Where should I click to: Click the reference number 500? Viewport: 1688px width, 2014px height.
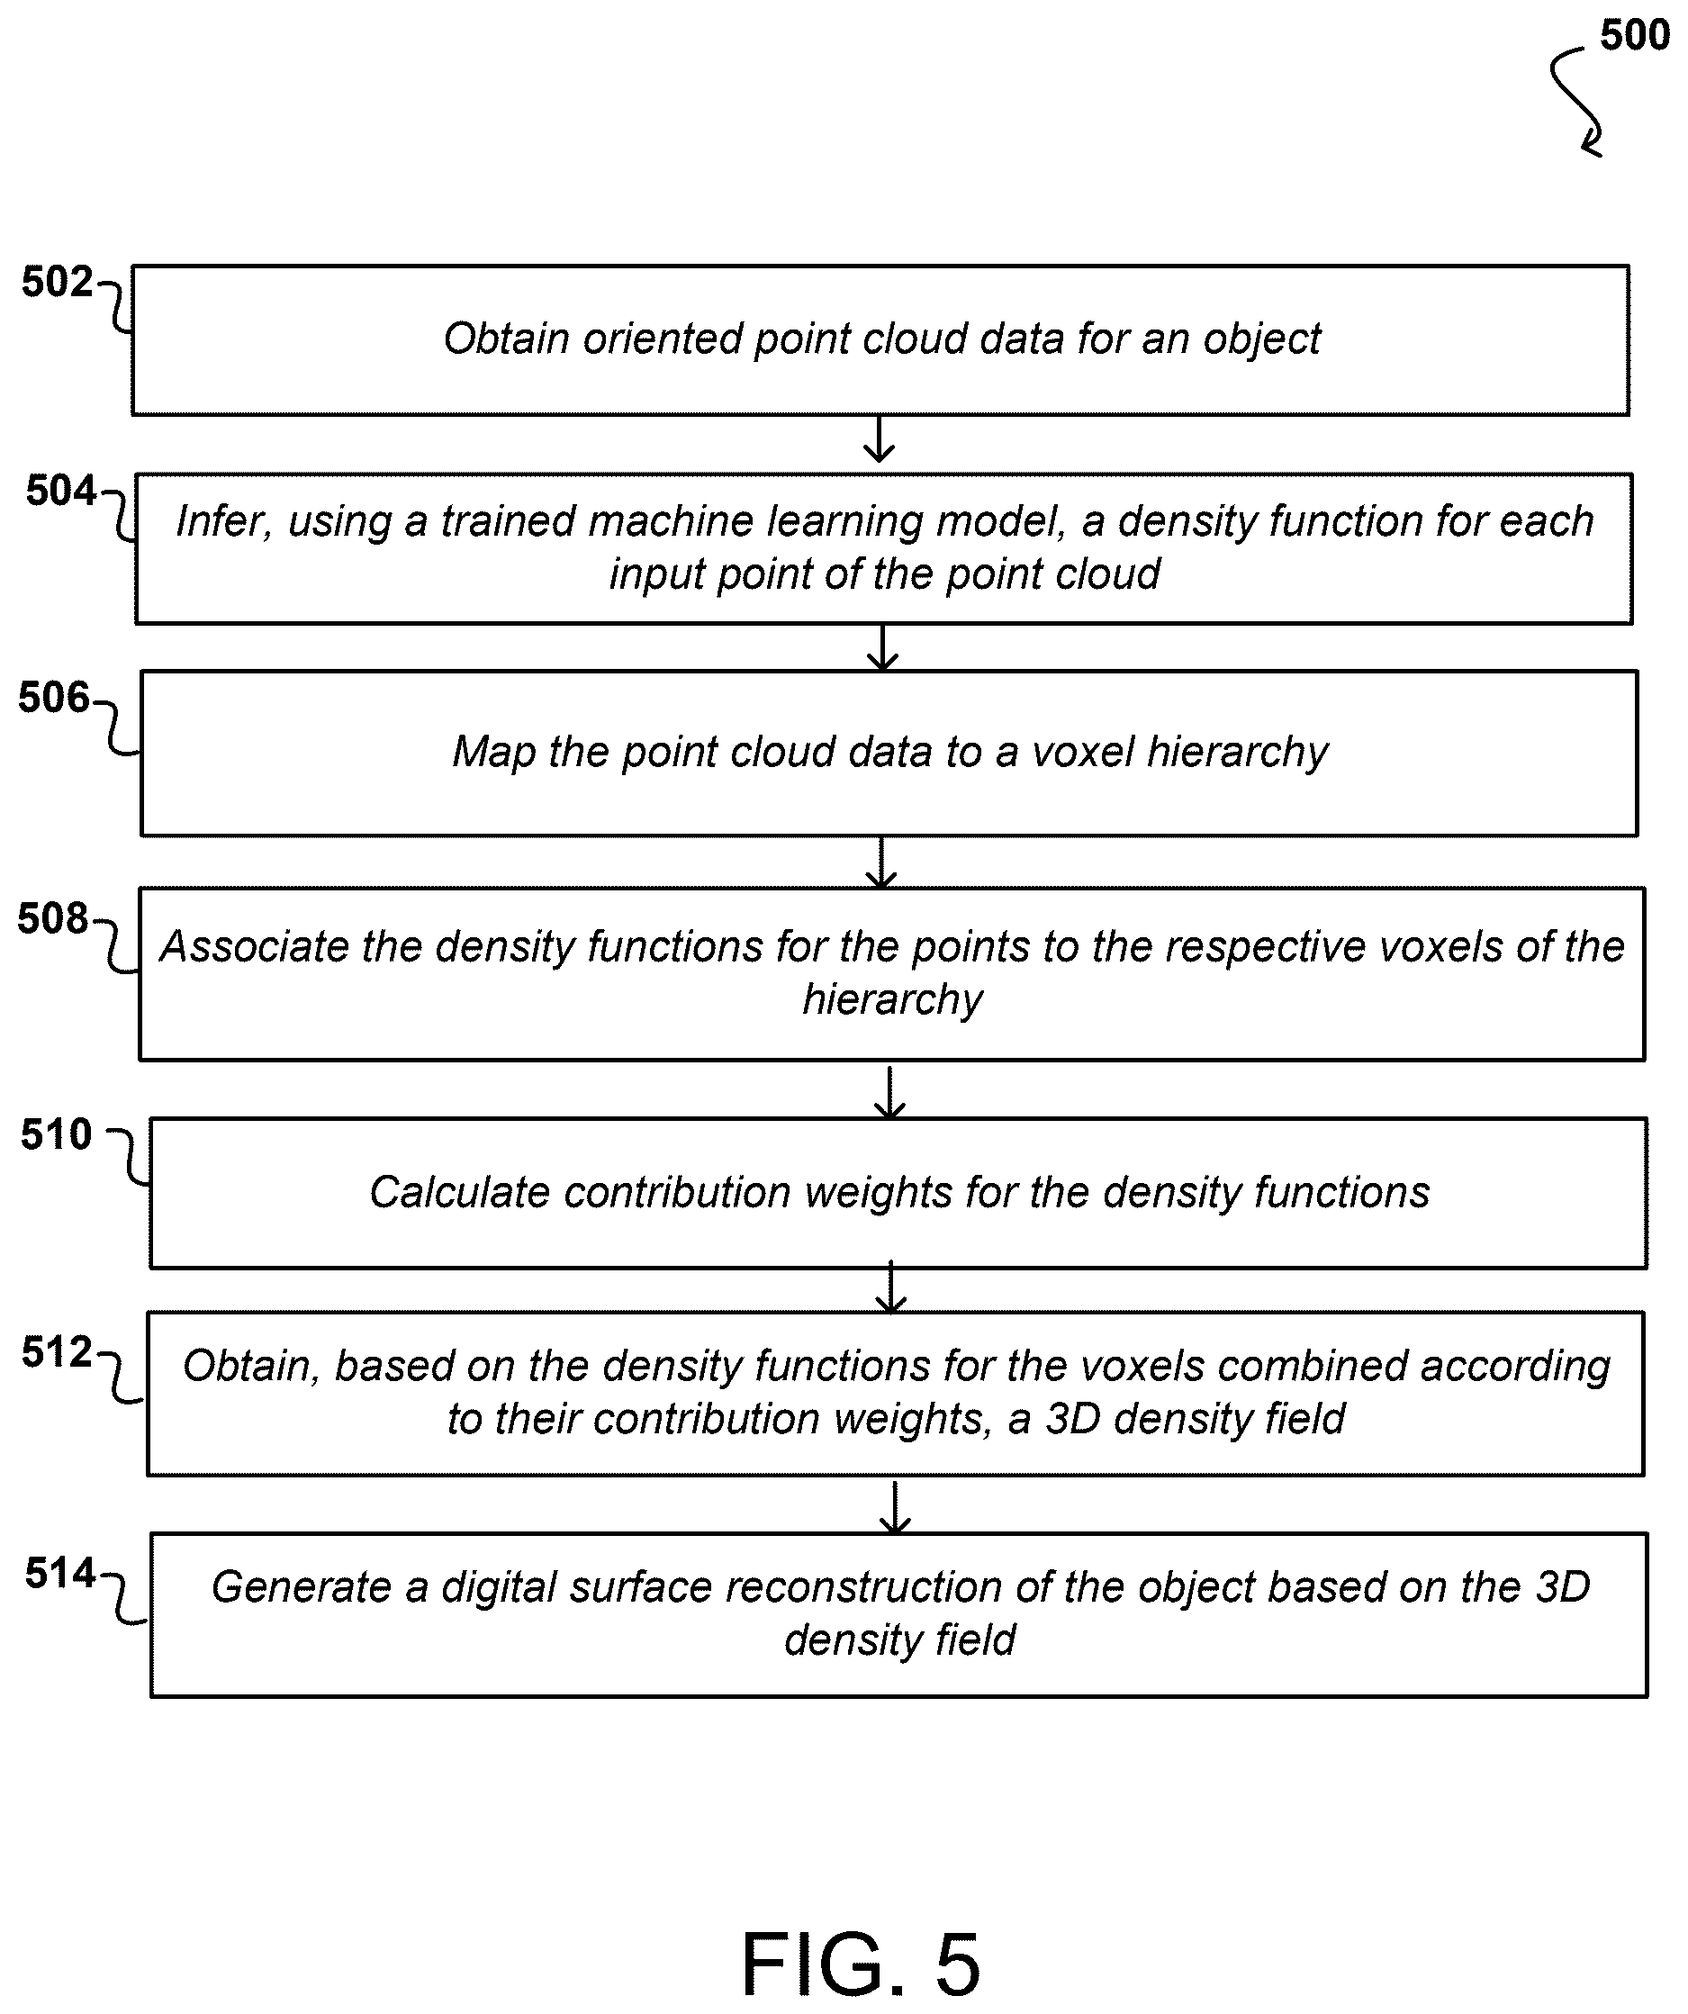tap(1635, 35)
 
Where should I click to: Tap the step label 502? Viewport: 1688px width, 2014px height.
tap(58, 282)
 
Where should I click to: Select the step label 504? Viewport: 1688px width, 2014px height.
tap(61, 491)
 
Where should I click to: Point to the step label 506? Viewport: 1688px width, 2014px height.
tap(54, 698)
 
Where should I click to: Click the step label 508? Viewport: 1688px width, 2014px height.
tap(53, 918)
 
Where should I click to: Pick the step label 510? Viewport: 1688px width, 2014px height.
tap(57, 1134)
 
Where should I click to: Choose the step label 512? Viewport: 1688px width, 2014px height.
tap(58, 1352)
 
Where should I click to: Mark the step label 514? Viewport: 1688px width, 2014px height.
tap(60, 1574)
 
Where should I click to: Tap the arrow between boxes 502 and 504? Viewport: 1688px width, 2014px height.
tap(879, 439)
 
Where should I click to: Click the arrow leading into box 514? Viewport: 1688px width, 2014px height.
tap(894, 1508)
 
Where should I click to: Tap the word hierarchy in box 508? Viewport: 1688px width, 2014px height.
tap(893, 1000)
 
